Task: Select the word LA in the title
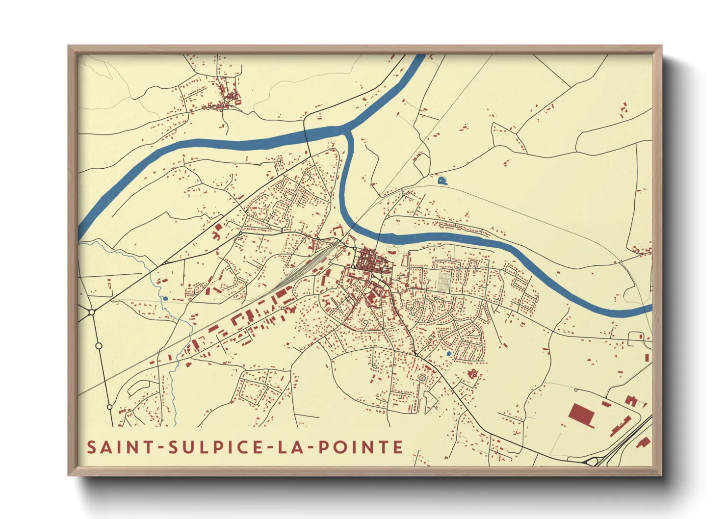click(x=289, y=447)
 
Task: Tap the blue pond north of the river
click(x=442, y=181)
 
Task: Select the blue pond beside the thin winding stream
click(x=165, y=298)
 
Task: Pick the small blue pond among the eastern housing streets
click(x=448, y=353)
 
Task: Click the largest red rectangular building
click(x=582, y=415)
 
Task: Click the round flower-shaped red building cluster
click(x=473, y=374)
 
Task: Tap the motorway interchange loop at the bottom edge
click(x=593, y=461)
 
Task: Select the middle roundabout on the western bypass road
click(x=99, y=346)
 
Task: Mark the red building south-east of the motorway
click(x=644, y=442)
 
